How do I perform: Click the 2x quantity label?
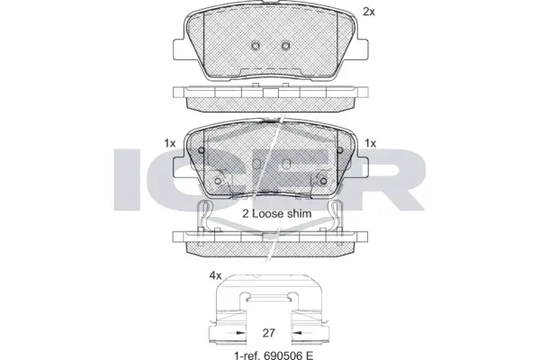[367, 12]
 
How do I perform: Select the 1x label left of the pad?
[169, 143]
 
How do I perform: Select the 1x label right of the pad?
[370, 143]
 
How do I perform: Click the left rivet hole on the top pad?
[256, 47]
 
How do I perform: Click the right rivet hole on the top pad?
[285, 47]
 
